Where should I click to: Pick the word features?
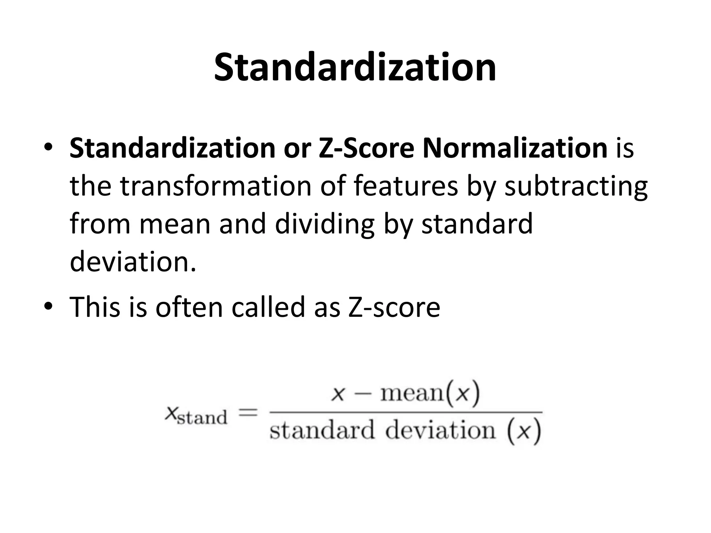coord(406,186)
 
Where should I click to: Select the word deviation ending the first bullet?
coord(133,261)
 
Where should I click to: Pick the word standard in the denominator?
coord(322,431)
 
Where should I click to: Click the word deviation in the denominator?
coord(440,431)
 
